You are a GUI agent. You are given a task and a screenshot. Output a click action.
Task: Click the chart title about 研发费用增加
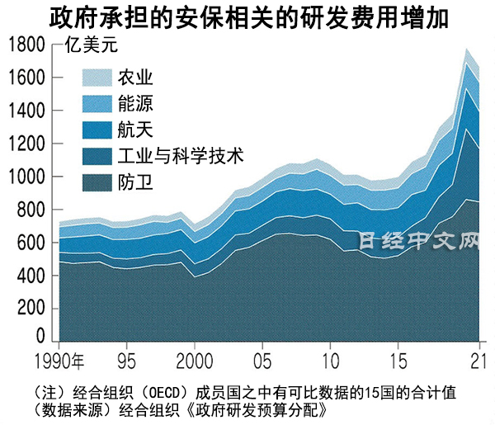point(247,18)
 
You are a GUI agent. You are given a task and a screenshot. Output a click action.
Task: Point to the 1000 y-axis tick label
point(26,177)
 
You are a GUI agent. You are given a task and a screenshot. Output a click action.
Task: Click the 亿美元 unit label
point(87,45)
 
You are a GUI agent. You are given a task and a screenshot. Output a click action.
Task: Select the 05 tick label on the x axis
point(262,360)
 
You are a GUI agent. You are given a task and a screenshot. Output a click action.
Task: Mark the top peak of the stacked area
point(468,50)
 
